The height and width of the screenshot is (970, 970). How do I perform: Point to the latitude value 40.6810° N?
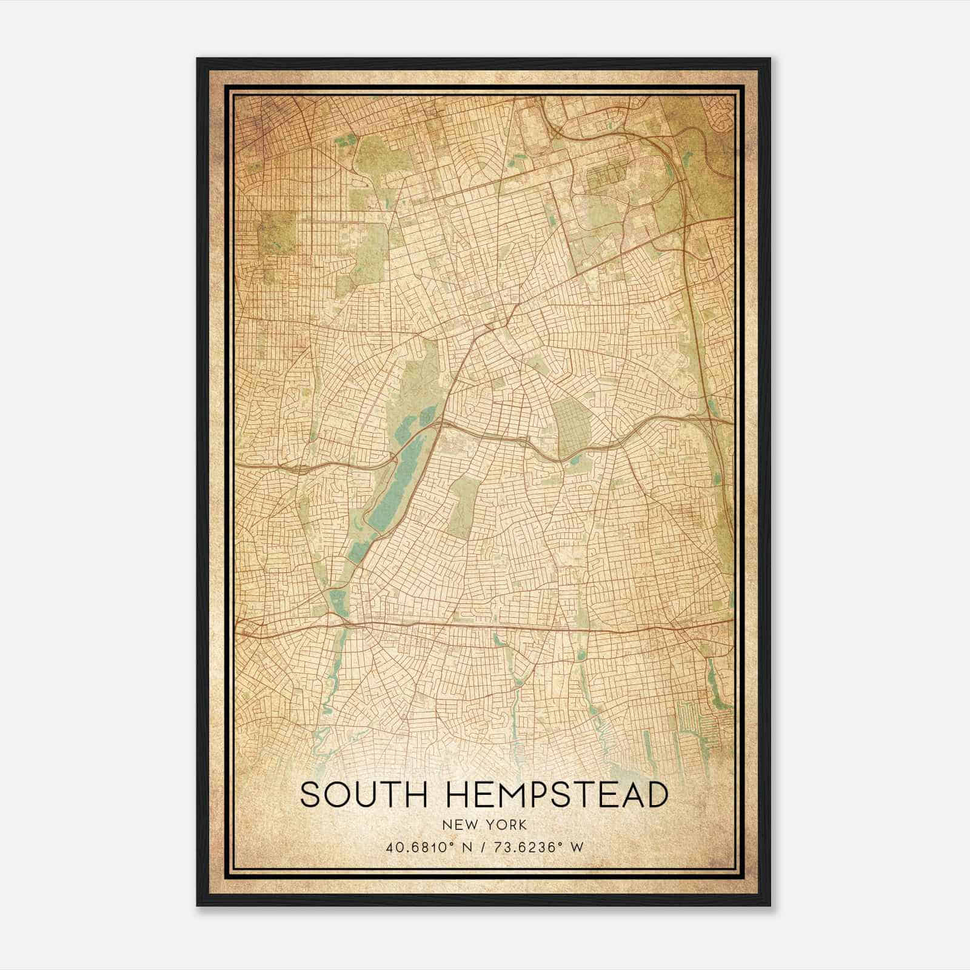click(x=425, y=847)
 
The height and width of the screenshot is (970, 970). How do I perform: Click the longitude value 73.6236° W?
click(x=533, y=847)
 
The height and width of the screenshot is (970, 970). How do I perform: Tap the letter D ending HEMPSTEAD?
click(x=656, y=795)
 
